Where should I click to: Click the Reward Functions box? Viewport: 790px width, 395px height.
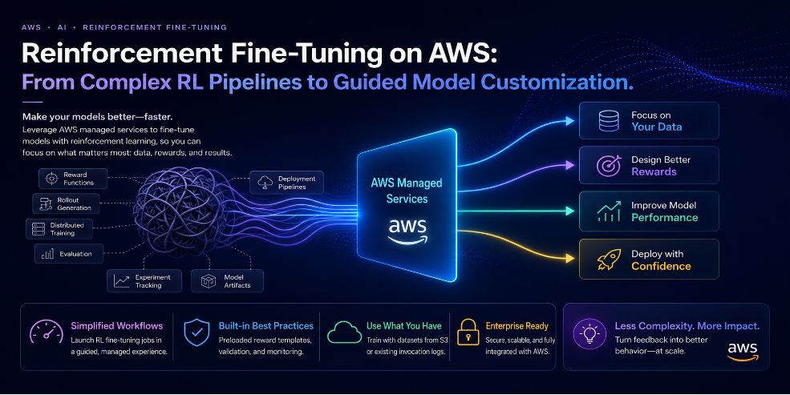pos(72,179)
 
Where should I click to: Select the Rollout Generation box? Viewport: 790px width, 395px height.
pos(66,204)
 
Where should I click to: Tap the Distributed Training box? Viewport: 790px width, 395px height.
pos(59,229)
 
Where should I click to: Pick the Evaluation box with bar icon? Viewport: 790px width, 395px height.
pos(68,254)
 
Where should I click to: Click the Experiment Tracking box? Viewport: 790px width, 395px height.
pos(144,281)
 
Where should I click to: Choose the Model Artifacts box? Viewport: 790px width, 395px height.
pos(227,281)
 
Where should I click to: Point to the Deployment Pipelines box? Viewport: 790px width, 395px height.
pos(286,183)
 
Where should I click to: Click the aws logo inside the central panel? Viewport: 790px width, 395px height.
pos(407,232)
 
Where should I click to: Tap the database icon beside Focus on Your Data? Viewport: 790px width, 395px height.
pos(609,121)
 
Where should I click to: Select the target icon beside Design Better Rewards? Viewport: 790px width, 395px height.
pos(609,166)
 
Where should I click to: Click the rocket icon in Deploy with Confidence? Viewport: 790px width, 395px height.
pos(609,260)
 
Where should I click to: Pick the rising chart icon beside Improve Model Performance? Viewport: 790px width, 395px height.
pos(609,212)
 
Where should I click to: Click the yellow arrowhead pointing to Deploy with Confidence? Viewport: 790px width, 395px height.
pos(569,259)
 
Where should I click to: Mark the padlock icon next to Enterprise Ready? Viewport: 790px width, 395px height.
pos(468,332)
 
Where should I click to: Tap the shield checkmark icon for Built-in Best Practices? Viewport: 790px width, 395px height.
pos(196,332)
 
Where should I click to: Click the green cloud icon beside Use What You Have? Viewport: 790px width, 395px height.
pos(344,333)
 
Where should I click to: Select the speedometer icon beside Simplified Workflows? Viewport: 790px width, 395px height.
pos(47,333)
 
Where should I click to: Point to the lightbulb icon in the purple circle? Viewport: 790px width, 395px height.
pos(589,334)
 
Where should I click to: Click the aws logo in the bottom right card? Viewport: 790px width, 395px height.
pos(743,352)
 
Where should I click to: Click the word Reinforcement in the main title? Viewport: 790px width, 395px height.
pos(122,53)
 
